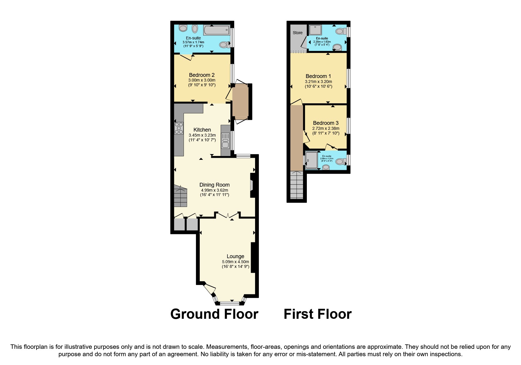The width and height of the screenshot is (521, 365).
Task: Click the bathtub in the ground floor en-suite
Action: [x=217, y=30]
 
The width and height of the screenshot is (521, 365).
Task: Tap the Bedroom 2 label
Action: [x=202, y=75]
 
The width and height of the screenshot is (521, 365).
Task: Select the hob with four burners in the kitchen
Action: [x=179, y=128]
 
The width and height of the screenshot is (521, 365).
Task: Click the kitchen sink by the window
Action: [x=225, y=140]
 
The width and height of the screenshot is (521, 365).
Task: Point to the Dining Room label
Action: [x=214, y=185]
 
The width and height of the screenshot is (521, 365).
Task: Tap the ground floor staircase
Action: [x=180, y=196]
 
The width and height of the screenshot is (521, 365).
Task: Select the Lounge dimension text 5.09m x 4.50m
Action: [x=235, y=262]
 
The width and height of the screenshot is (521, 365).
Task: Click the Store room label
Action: [x=297, y=33]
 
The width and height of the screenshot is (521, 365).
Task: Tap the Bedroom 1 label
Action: [x=318, y=76]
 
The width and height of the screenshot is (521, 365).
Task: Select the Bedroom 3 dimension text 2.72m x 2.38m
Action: [x=326, y=128]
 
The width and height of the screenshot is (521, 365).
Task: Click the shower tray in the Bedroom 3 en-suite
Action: [x=311, y=160]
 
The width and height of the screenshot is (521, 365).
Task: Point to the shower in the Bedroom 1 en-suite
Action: [x=315, y=30]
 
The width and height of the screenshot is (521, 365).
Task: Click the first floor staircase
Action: [x=297, y=185]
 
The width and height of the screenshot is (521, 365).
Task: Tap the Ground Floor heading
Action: [x=214, y=314]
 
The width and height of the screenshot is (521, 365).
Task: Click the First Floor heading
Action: [x=317, y=314]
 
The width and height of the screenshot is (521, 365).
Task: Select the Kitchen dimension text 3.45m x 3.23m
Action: [x=202, y=135]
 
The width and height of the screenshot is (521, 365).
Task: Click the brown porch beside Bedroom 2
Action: [x=240, y=101]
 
